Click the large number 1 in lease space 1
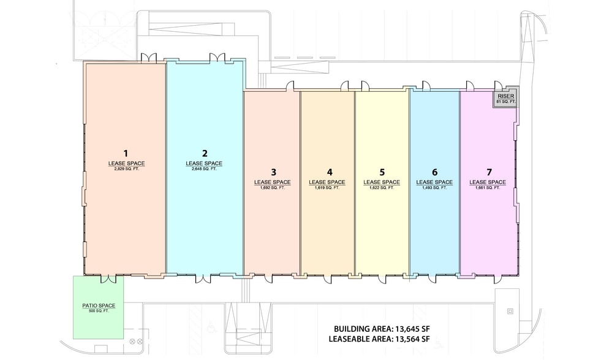pyautogui.click(x=126, y=154)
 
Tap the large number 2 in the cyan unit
pyautogui.click(x=205, y=154)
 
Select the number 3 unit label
pyautogui.click(x=273, y=172)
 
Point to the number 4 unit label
pyautogui.click(x=330, y=172)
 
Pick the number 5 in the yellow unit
pyautogui.click(x=382, y=172)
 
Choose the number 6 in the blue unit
pyautogui.click(x=434, y=172)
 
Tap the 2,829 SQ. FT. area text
pyautogui.click(x=126, y=169)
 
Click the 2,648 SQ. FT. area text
pyautogui.click(x=204, y=169)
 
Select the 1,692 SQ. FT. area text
pyautogui.click(x=273, y=188)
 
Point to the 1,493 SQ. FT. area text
pyautogui.click(x=434, y=188)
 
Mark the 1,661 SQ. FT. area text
pyautogui.click(x=488, y=188)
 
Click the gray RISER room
pyautogui.click(x=505, y=99)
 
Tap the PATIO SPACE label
pyautogui.click(x=99, y=306)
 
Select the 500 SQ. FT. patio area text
pyautogui.click(x=99, y=310)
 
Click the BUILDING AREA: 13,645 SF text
pyautogui.click(x=379, y=329)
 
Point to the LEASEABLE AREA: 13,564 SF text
pyautogui.click(x=379, y=339)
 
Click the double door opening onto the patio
pyautogui.click(x=108, y=279)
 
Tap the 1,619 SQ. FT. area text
pyautogui.click(x=327, y=188)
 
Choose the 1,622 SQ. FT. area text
pyautogui.click(x=382, y=188)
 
